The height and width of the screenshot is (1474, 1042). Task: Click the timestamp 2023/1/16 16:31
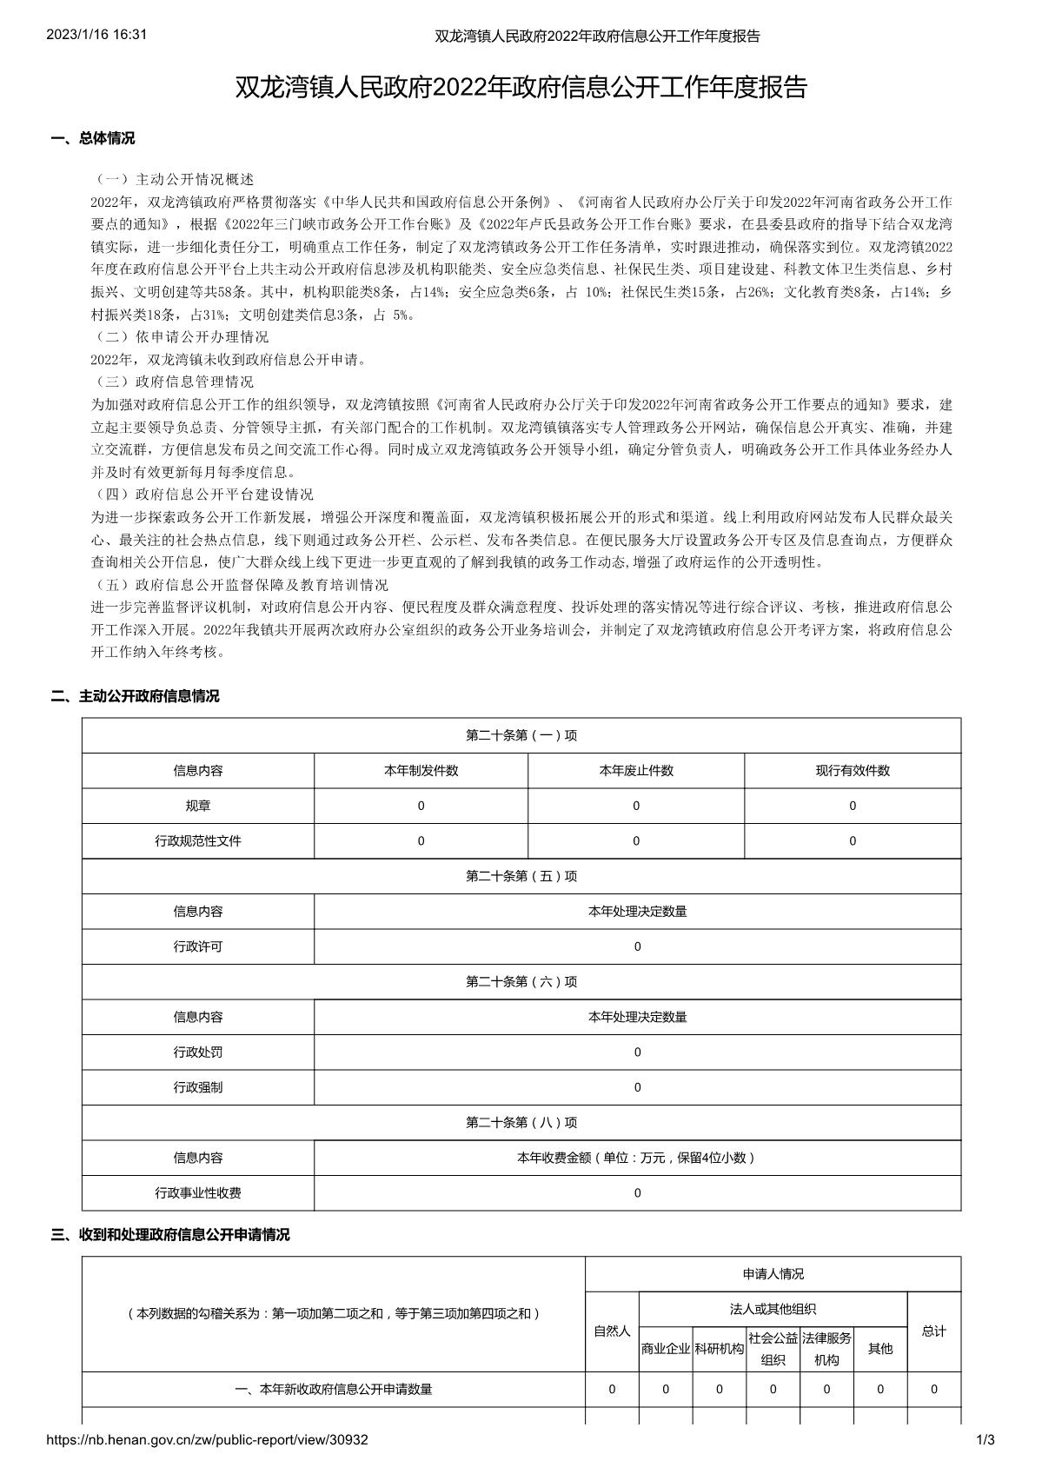click(96, 35)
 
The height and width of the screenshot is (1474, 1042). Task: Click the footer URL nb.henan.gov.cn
click(207, 1440)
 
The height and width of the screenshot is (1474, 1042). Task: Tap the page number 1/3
click(986, 1440)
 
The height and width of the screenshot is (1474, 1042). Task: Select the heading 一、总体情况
click(93, 138)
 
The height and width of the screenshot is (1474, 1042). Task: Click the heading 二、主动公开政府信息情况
click(136, 696)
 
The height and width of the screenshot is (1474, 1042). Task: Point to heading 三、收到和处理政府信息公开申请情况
click(170, 1234)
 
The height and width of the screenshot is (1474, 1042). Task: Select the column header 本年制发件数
click(421, 771)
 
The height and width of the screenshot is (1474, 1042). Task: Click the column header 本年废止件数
click(636, 771)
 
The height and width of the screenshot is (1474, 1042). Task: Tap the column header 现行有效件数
click(853, 771)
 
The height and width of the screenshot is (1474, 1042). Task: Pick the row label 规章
click(198, 806)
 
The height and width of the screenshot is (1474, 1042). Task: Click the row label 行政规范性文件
click(198, 841)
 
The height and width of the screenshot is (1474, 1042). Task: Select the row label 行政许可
click(198, 946)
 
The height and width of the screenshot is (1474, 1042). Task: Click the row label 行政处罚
click(198, 1052)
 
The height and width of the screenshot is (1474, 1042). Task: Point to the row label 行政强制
click(198, 1087)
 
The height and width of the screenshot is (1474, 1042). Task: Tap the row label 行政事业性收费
click(198, 1193)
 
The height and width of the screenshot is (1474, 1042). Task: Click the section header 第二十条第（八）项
click(521, 1123)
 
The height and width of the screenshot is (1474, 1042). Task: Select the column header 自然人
click(612, 1331)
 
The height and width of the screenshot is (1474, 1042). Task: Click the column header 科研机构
click(720, 1349)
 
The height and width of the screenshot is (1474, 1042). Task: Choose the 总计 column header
click(934, 1331)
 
